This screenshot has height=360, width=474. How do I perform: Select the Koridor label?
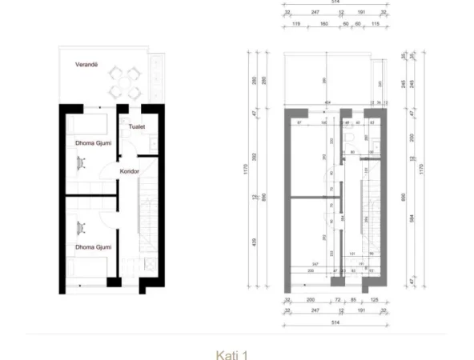pos(131,171)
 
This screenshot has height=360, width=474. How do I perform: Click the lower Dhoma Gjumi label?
pos(87,247)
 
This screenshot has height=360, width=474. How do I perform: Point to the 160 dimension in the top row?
pos(324,24)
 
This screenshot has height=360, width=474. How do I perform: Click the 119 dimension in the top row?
pos(295,24)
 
